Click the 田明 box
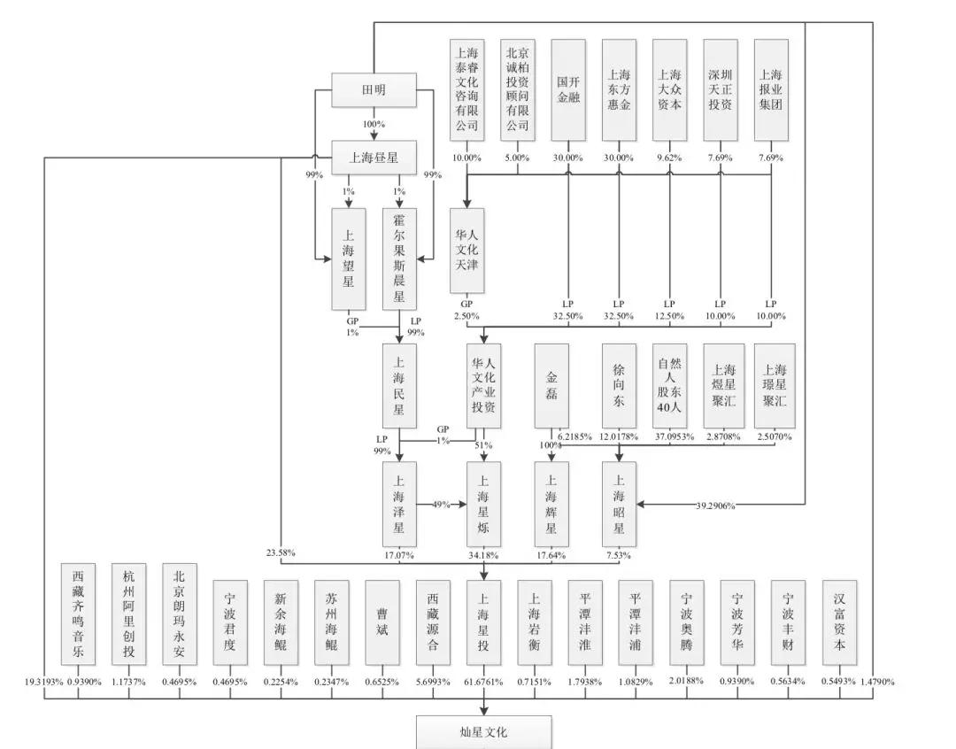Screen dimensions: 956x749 pyautogui.click(x=374, y=89)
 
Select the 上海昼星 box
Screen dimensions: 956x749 pyautogui.click(x=374, y=158)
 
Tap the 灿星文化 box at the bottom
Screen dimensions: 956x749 pyautogui.click(x=484, y=732)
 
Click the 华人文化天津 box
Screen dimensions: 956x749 pyautogui.click(x=467, y=250)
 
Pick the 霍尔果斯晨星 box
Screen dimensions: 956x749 pyautogui.click(x=399, y=259)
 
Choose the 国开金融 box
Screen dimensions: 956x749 pyautogui.click(x=568, y=90)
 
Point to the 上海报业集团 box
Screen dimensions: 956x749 pyautogui.click(x=771, y=90)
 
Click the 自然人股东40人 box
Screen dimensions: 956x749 pyautogui.click(x=669, y=385)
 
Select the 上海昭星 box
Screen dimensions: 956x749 pyautogui.click(x=619, y=504)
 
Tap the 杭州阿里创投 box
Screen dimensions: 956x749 pyautogui.click(x=128, y=614)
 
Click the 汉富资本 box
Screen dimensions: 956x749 pyautogui.click(x=839, y=622)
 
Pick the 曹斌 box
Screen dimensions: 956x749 pyautogui.click(x=382, y=622)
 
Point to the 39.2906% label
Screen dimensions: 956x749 pyautogui.click(x=715, y=506)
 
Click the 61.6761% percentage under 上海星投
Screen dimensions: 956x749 pyautogui.click(x=483, y=682)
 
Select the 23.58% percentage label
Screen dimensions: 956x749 pyautogui.click(x=281, y=552)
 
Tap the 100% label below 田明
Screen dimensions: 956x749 pyautogui.click(x=374, y=124)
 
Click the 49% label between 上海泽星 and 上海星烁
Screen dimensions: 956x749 pyautogui.click(x=441, y=505)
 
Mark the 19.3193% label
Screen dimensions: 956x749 pyautogui.click(x=44, y=682)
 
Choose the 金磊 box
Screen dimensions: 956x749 pyautogui.click(x=551, y=385)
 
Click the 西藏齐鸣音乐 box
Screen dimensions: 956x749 pyautogui.click(x=78, y=614)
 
